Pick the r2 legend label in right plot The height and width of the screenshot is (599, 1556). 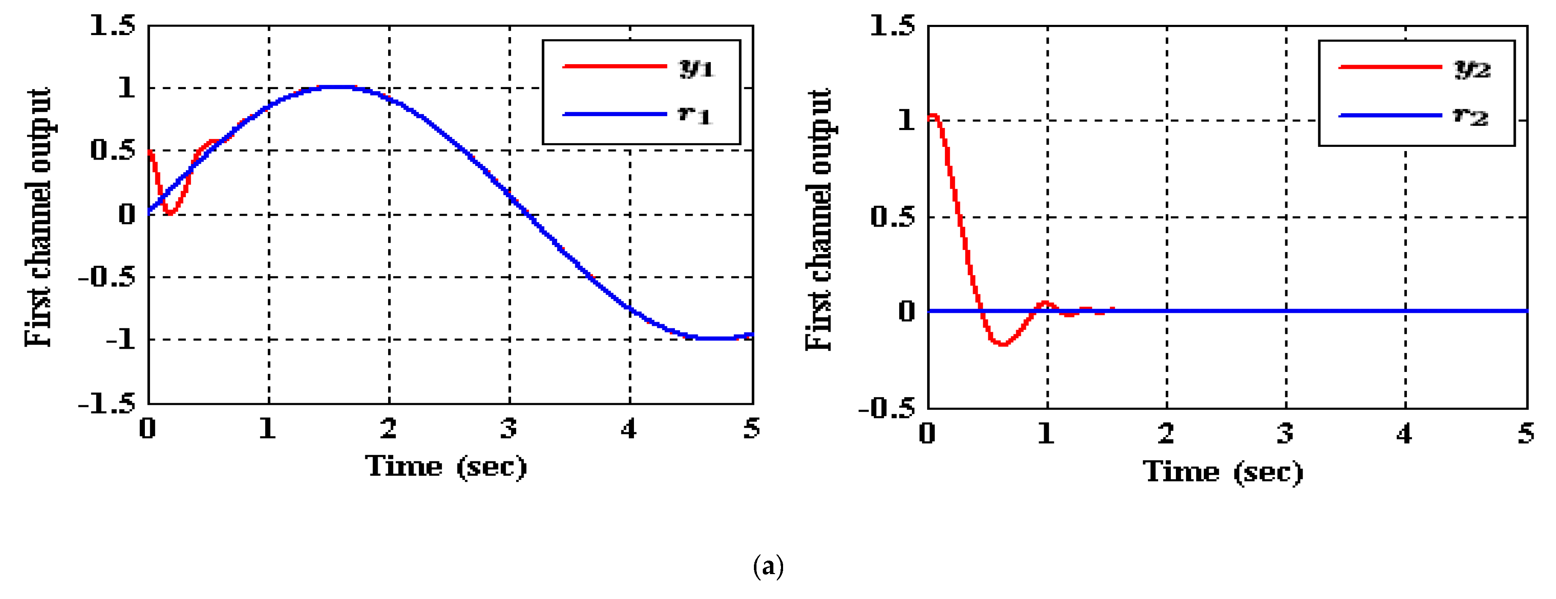coord(1470,116)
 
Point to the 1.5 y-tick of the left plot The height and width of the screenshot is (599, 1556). coord(112,25)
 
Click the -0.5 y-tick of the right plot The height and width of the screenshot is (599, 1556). coord(887,409)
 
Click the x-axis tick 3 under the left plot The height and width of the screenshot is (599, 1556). coord(509,429)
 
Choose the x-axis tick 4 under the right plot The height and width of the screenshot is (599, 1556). coord(1404,434)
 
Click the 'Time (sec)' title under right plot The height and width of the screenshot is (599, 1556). coord(1223,472)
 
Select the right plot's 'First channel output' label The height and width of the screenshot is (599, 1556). coord(819,220)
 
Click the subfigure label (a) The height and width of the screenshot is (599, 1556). coord(768,566)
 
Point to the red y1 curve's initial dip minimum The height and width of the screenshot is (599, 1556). coord(170,213)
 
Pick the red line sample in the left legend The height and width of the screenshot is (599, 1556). coord(614,66)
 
